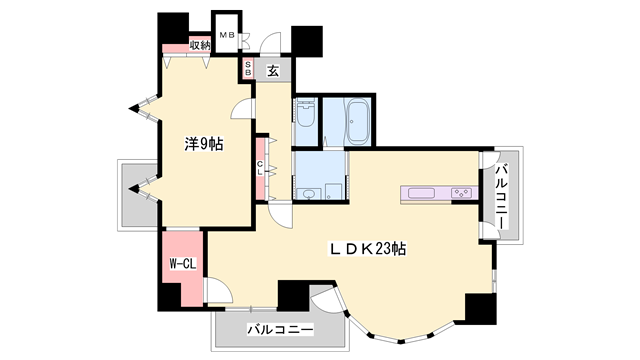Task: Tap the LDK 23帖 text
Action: [x=363, y=247]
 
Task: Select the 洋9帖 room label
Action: [x=203, y=143]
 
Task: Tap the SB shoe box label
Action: [x=249, y=70]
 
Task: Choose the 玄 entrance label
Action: [x=273, y=70]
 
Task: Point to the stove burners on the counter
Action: [x=462, y=192]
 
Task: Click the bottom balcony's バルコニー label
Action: [x=280, y=329]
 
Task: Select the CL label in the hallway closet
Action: [x=261, y=167]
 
